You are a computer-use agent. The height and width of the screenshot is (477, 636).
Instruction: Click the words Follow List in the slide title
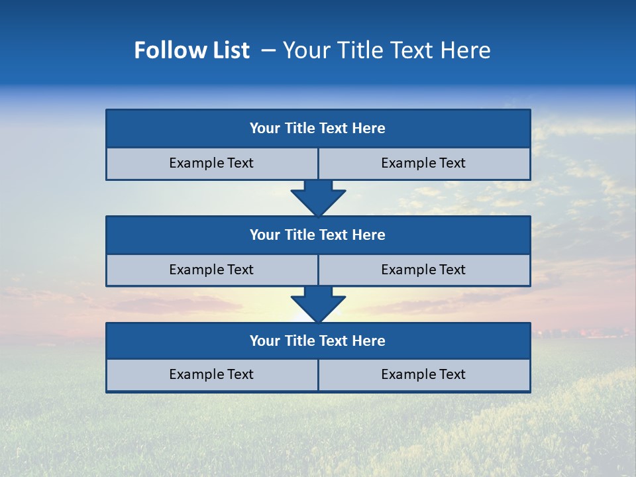tap(191, 50)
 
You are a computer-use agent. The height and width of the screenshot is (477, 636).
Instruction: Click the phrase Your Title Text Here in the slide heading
tap(386, 50)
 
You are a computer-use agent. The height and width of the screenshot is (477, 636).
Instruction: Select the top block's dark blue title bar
tap(318, 129)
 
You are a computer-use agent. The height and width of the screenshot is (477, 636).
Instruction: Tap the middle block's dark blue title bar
tap(318, 235)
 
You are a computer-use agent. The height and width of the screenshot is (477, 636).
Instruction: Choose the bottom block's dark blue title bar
tap(318, 341)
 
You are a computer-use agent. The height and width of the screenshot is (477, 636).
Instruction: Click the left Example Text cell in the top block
tap(211, 164)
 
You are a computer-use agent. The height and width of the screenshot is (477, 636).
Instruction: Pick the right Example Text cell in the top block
tap(423, 164)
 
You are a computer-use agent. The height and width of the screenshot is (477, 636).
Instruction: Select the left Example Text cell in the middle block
tap(211, 270)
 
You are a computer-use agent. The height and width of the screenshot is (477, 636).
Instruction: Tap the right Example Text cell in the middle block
tap(423, 270)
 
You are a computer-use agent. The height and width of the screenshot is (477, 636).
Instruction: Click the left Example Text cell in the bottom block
tap(211, 375)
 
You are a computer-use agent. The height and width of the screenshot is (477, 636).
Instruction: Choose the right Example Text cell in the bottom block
tap(423, 375)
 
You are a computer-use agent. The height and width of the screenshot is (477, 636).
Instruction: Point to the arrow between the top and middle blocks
tap(318, 198)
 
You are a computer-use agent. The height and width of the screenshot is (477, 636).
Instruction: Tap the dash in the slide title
tap(268, 50)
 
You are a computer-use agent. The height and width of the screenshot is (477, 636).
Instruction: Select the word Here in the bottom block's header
tap(369, 341)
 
